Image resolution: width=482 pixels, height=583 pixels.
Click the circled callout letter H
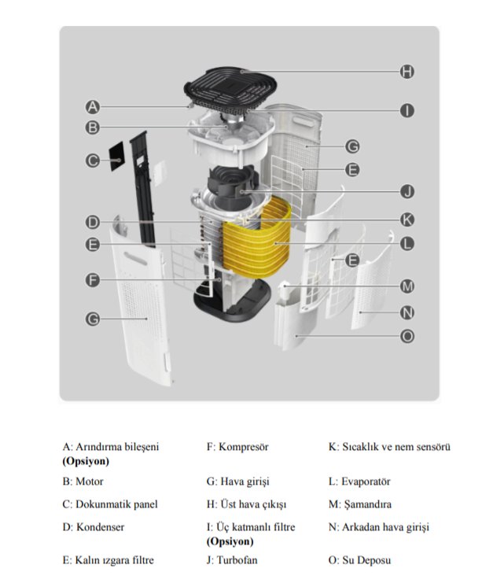tap(407, 72)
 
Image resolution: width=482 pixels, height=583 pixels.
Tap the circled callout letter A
tap(92, 106)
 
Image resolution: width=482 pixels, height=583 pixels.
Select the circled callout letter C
tap(92, 161)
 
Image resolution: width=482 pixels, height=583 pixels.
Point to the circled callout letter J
tap(407, 191)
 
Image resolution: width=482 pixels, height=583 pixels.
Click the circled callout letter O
tap(407, 336)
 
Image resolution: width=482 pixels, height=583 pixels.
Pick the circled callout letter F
tap(92, 280)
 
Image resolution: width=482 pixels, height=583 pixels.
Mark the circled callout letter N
tap(407, 312)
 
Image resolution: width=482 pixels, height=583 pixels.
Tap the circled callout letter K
tap(407, 220)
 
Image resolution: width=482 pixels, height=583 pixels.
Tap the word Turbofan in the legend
tap(237, 560)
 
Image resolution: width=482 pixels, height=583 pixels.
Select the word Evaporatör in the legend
tap(366, 482)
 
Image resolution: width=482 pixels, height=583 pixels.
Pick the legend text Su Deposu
tap(366, 560)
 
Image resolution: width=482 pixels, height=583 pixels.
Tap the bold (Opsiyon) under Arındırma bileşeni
tap(86, 461)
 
